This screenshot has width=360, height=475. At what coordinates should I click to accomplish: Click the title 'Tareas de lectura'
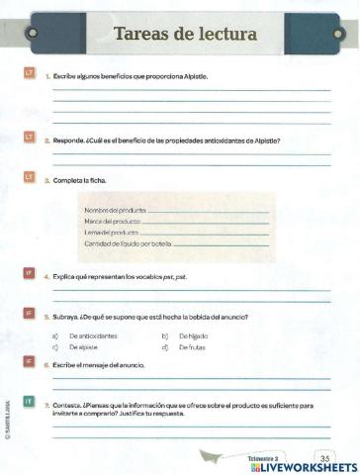point(185,34)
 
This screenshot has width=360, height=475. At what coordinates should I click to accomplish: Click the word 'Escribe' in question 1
point(65,76)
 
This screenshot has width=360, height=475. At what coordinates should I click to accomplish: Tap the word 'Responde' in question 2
point(67,141)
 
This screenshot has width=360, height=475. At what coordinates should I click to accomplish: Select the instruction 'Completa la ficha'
point(80,181)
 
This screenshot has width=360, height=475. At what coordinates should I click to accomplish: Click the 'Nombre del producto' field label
point(115,212)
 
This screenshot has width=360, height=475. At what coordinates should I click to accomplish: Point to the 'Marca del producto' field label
point(113,222)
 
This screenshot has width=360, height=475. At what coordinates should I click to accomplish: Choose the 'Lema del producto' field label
point(111,232)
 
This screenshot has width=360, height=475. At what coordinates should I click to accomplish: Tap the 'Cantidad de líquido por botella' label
point(129,242)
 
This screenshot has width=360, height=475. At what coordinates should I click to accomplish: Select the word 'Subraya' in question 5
point(65,317)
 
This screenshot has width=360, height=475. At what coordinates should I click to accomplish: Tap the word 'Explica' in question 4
point(65,278)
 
